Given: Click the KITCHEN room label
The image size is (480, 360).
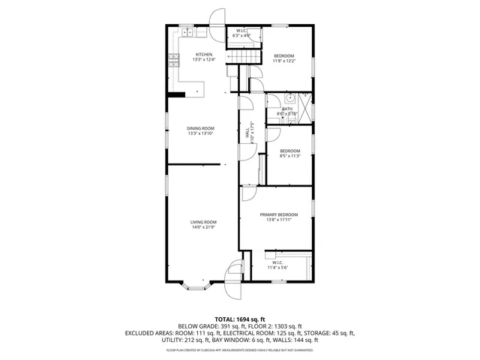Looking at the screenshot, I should [204, 55].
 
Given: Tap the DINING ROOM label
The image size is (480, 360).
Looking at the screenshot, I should [201, 128].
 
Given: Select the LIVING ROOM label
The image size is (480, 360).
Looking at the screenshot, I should [203, 222].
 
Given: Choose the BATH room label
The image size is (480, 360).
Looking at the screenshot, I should [287, 109].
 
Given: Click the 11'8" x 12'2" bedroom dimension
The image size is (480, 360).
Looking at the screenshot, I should [284, 61].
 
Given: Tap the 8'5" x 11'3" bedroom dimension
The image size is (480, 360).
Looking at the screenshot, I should [289, 156].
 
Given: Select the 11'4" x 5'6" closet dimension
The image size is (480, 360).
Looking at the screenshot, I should [277, 267].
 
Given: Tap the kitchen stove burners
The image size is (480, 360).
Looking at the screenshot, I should [173, 60].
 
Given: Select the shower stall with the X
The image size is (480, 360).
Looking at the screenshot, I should [304, 100].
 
